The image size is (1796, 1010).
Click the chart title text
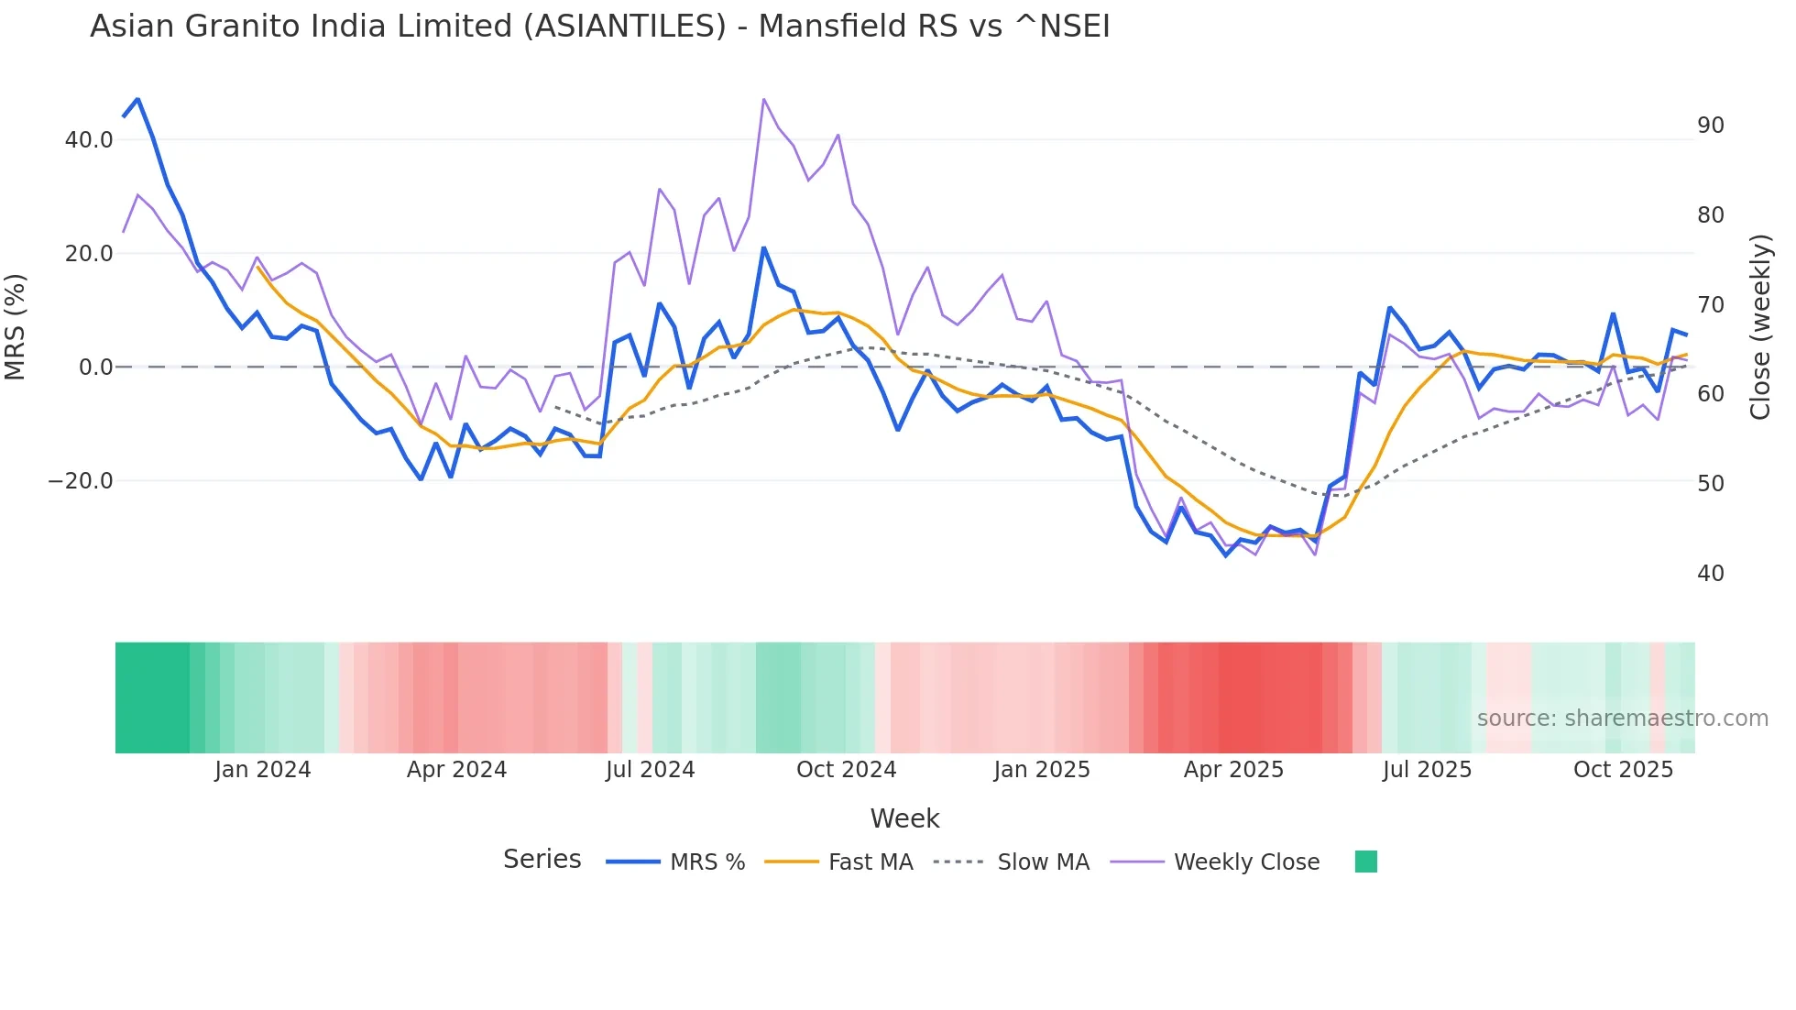coord(599,27)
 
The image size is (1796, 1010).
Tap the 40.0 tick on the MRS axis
coord(89,140)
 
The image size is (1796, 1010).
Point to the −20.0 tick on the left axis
coord(81,481)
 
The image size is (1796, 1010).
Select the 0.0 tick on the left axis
coord(95,368)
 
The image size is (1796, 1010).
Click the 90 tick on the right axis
coord(1710,126)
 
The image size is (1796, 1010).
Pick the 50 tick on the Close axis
coord(1710,484)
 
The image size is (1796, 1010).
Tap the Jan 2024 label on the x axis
coord(263,770)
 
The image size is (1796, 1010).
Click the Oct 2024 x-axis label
coord(846,770)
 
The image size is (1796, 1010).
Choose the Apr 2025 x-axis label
coord(1233,770)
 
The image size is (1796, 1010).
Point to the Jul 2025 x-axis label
coord(1427,770)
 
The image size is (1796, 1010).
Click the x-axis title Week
coord(904,818)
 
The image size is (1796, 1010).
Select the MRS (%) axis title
coord(16,327)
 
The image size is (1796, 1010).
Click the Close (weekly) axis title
coord(1759,327)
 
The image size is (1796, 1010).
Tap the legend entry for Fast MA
coord(870,862)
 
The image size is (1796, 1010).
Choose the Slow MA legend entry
coord(1043,862)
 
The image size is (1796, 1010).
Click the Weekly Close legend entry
coord(1246,862)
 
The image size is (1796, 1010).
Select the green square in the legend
coord(1365,862)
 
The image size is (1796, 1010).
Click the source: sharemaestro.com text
coord(1622,719)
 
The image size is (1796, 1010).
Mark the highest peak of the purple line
coord(763,99)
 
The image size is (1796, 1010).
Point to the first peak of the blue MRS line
coord(137,99)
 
